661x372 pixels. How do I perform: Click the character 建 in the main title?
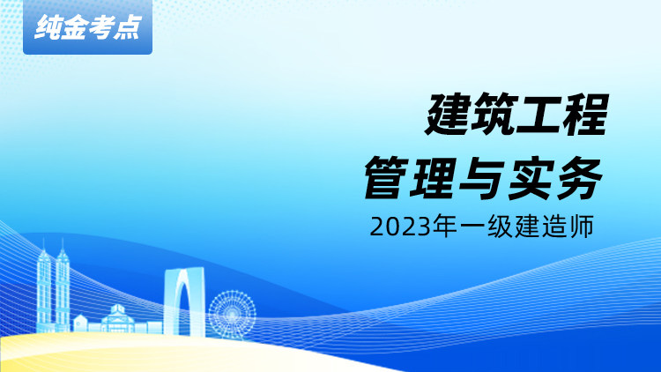(447, 115)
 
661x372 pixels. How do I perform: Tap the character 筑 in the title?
(494, 115)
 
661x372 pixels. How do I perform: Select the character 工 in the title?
(539, 115)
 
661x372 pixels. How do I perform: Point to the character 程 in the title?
(585, 115)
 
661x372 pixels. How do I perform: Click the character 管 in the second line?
(386, 177)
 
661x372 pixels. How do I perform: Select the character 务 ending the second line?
(578, 177)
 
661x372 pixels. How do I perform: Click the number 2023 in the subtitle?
(400, 227)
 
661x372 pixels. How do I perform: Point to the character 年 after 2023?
(445, 226)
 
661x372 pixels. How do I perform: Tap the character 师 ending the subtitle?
(582, 226)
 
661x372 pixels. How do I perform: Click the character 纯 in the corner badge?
(48, 28)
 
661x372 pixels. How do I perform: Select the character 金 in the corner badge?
(74, 28)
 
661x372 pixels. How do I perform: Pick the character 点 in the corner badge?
(126, 28)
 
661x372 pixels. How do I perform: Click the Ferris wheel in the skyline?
(233, 314)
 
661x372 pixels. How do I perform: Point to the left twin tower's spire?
(43, 245)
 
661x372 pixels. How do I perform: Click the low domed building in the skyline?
(117, 318)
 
